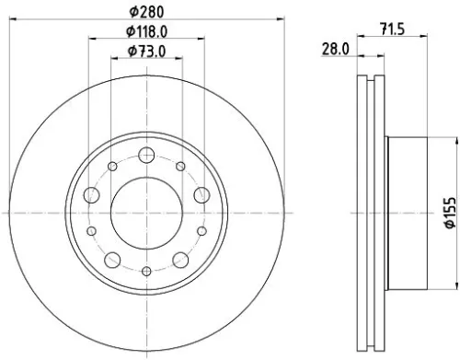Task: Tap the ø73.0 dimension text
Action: [147, 52]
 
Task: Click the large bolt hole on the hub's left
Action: [92, 194]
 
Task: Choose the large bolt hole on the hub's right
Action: [202, 194]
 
